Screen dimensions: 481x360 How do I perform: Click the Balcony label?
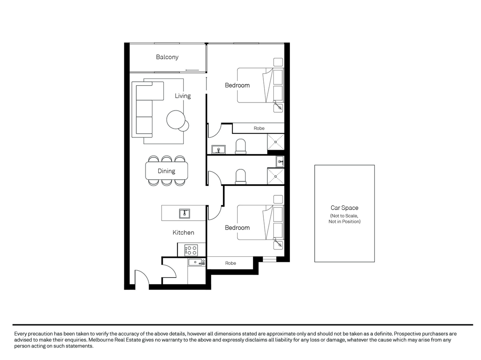[x=167, y=57]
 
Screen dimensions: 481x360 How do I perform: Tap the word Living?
[x=182, y=96]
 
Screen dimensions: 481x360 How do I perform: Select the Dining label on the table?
[x=166, y=171]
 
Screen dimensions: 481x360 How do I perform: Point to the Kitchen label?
[x=183, y=232]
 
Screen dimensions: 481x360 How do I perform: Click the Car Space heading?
[x=344, y=208]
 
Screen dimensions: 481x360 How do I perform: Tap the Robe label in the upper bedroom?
[x=259, y=128]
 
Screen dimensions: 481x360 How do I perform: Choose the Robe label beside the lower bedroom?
[x=230, y=263]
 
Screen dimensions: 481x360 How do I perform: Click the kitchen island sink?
[x=184, y=213]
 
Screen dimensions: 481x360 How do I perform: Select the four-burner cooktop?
[x=191, y=250]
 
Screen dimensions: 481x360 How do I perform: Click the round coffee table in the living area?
[x=176, y=120]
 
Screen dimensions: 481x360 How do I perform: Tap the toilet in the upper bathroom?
[x=240, y=146]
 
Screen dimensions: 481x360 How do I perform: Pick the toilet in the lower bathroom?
[x=240, y=177]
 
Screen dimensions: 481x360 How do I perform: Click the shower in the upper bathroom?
[x=275, y=142]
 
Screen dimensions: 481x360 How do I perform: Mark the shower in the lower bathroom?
[x=275, y=176]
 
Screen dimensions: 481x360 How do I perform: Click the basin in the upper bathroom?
[x=218, y=149]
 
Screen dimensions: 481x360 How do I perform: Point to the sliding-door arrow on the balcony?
[x=192, y=70]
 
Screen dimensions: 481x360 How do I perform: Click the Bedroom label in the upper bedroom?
[x=237, y=85]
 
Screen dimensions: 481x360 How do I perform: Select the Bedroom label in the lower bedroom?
[x=237, y=227]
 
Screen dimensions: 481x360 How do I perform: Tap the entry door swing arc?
[x=145, y=274]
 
